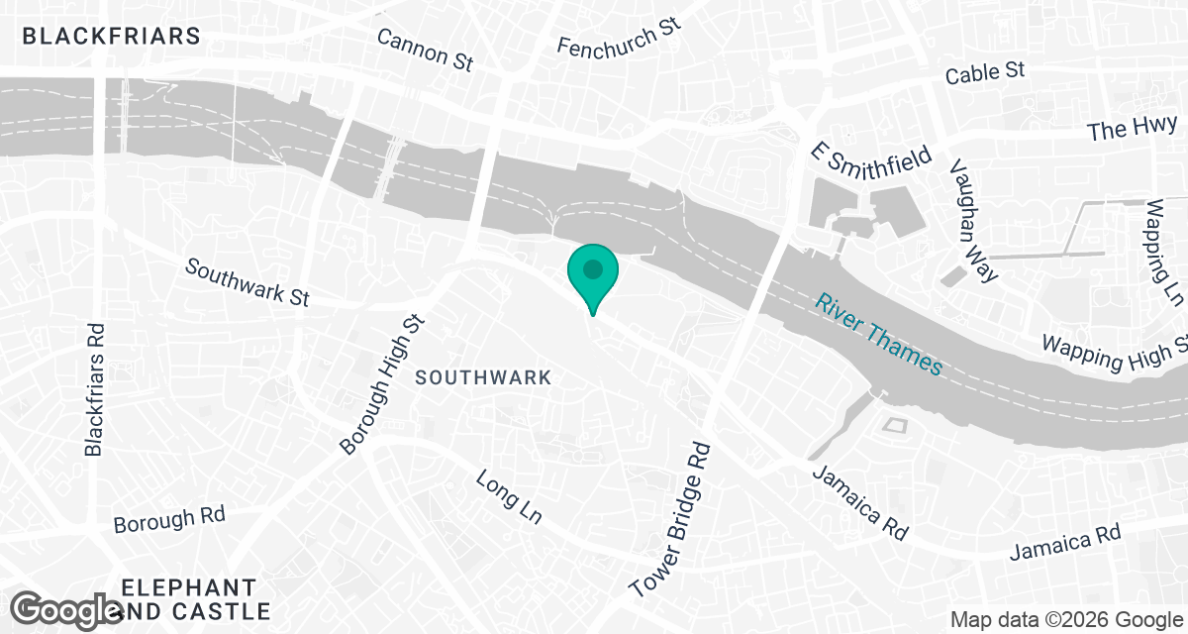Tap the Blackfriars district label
pos(111,37)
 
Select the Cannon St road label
pos(426,49)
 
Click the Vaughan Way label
pos(974,220)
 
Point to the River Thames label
pos(879,333)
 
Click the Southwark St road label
pos(247,283)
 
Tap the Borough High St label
pos(382,383)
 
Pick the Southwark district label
pos(482,377)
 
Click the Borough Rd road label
pos(169,519)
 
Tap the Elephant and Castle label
pos(195,598)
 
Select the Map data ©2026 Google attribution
pos(1064,619)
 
